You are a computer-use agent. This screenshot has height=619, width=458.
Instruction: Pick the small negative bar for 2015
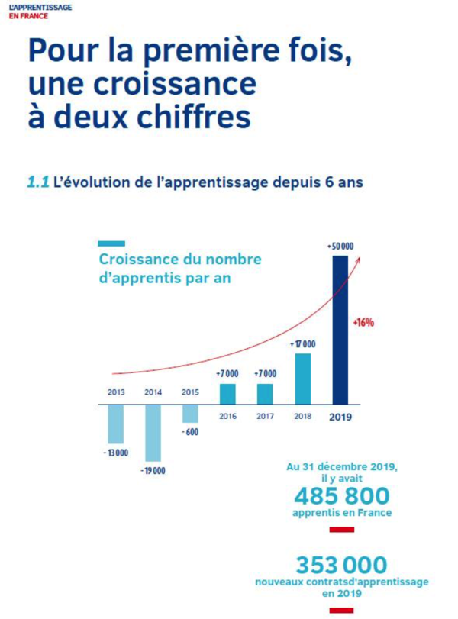click(x=190, y=412)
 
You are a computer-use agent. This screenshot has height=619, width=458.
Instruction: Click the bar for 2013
click(x=116, y=423)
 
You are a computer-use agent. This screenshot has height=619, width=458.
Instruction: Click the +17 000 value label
click(x=303, y=344)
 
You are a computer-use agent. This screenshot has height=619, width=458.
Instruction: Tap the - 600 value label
click(x=191, y=432)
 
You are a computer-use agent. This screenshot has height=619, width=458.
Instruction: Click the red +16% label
click(x=363, y=322)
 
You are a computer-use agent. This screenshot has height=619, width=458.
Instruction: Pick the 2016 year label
click(x=227, y=416)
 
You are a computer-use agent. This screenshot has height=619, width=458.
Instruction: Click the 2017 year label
click(x=265, y=416)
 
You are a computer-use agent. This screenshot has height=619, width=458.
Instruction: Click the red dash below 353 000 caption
click(x=341, y=609)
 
